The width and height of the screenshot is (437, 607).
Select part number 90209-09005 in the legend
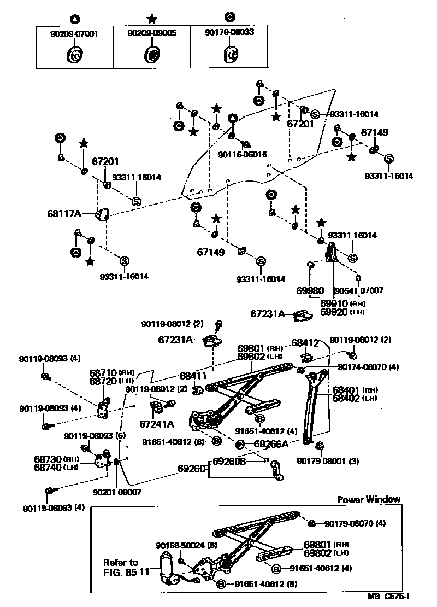point(152,33)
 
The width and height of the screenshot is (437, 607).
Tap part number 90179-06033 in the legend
point(229,32)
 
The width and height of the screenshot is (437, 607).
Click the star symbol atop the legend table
point(152,18)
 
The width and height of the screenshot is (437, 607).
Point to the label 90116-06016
point(243,155)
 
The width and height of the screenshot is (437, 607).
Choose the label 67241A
point(156,424)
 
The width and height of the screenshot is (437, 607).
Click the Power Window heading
point(369,499)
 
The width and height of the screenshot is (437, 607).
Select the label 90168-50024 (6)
point(179,546)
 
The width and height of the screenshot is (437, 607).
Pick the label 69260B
point(229,461)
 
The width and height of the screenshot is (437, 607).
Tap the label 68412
point(305,343)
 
